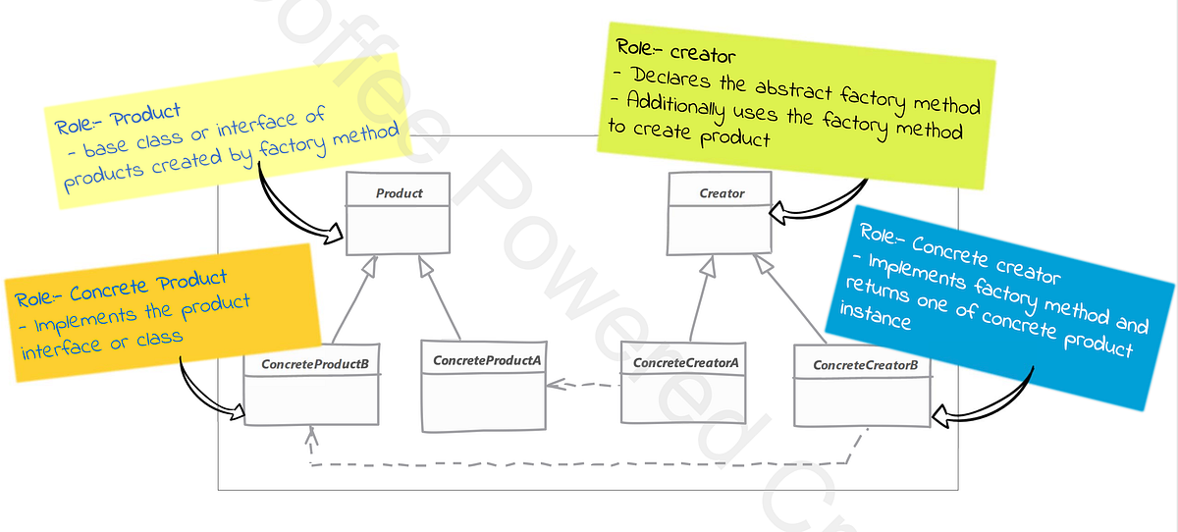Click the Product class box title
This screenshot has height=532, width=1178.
click(399, 193)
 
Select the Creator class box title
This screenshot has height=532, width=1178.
click(722, 193)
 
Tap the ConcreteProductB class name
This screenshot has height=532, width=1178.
click(314, 364)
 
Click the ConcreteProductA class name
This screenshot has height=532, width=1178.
click(487, 360)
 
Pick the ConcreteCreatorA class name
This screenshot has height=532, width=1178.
click(685, 363)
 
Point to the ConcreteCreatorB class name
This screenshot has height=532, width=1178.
click(865, 366)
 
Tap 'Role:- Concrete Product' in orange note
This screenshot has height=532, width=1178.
click(122, 289)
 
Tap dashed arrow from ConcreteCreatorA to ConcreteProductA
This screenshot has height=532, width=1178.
click(583, 385)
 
